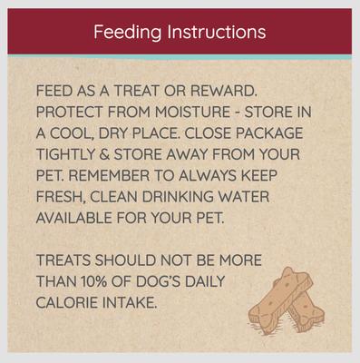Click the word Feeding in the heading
point(124,32)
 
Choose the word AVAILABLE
point(78,219)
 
